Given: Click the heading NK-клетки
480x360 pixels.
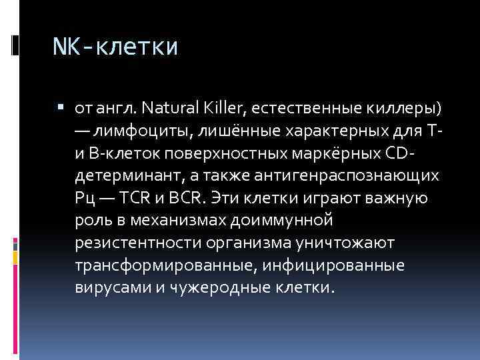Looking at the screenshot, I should (x=115, y=47).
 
